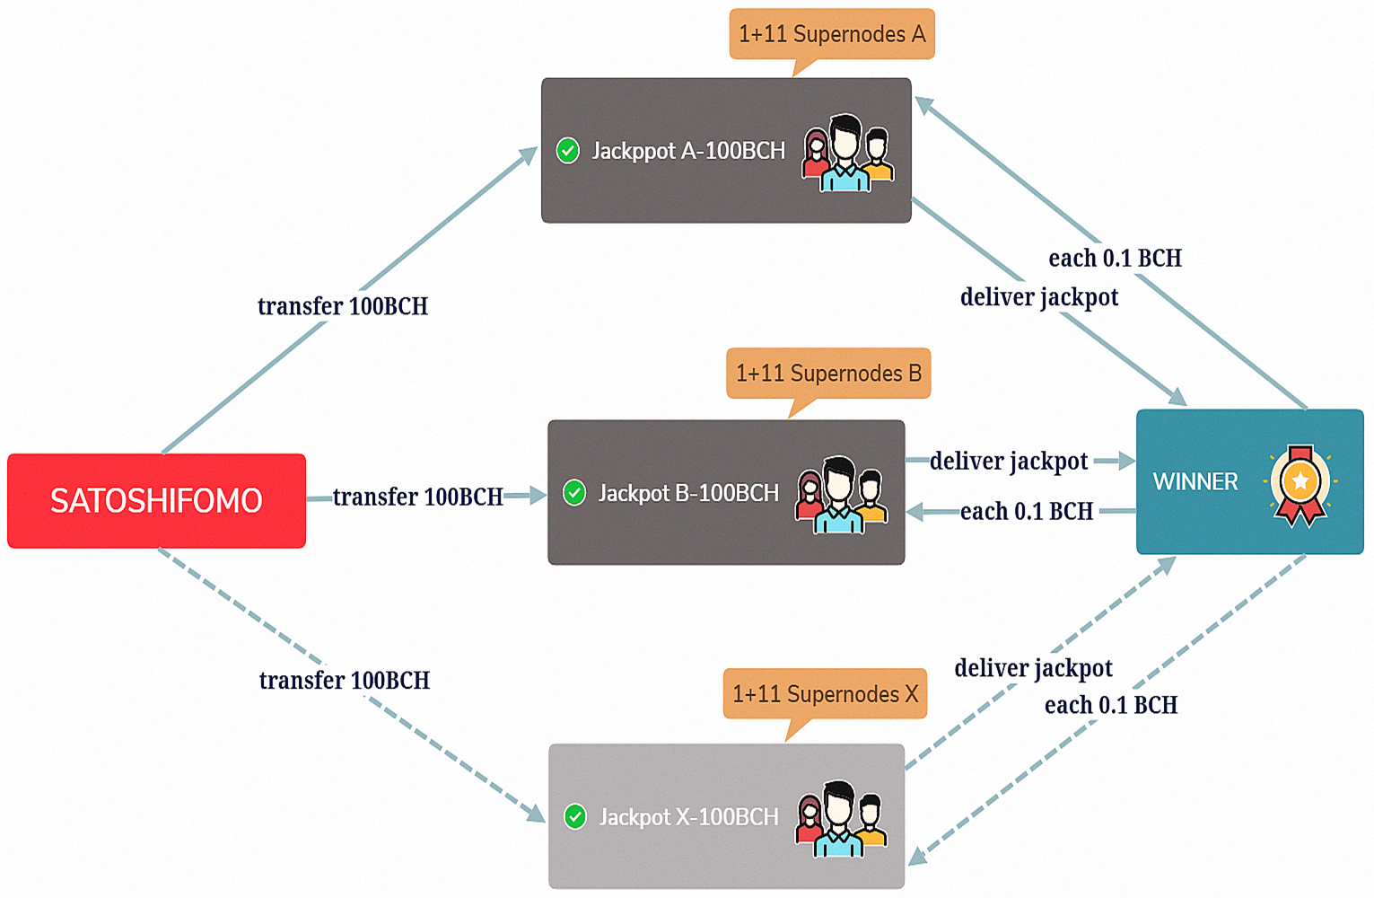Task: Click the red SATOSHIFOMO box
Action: coord(156,500)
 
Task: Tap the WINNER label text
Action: coord(1195,482)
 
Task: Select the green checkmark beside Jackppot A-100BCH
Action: coord(567,150)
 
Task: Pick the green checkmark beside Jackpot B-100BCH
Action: coord(573,492)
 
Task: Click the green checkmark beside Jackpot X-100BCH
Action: coord(574,816)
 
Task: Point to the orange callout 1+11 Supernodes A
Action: coord(832,34)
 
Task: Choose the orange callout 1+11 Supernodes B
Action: coord(828,373)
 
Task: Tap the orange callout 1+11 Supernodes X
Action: coord(825,694)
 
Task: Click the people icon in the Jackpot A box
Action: coord(847,153)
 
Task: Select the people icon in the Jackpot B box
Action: coord(841,495)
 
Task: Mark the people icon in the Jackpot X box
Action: coord(841,818)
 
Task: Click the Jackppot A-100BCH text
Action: coord(688,151)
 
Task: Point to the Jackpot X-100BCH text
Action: coord(688,817)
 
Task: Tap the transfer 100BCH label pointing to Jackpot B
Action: coord(417,497)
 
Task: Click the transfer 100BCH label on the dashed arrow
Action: coord(345,681)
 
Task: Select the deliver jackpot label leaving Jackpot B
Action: coord(1009,462)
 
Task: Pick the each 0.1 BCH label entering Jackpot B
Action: coord(1027,512)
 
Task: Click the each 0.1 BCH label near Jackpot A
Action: coord(1115,259)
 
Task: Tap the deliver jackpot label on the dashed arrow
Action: coord(1033,668)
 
